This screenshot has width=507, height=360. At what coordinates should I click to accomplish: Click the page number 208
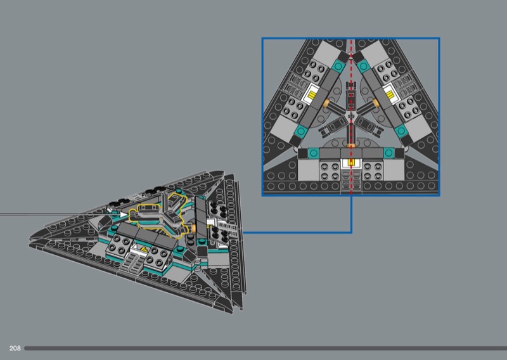15,348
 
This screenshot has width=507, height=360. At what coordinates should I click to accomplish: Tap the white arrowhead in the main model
123,214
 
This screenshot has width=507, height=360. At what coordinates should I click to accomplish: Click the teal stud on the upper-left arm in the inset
338,67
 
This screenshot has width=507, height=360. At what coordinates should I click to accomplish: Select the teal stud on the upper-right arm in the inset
363,67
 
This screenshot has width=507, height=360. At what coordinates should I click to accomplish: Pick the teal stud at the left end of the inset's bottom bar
313,153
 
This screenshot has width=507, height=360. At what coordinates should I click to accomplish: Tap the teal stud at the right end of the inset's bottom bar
388,153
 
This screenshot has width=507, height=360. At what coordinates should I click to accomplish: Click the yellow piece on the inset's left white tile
312,95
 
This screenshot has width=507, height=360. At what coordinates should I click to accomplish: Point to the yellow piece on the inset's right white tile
390,95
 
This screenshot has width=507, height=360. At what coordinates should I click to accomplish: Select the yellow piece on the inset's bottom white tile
351,162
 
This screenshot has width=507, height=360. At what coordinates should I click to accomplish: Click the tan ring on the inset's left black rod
326,103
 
